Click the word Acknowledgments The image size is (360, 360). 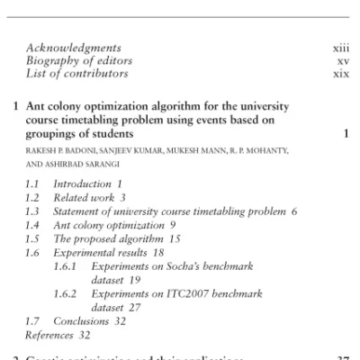click(x=73, y=47)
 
